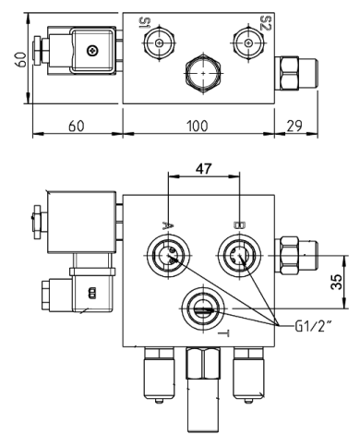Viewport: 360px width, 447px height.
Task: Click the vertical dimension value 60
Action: tap(10, 64)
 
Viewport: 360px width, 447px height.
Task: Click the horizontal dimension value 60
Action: tap(77, 127)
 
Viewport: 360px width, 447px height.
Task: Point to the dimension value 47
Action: tap(202, 168)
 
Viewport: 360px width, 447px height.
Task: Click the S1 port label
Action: tap(145, 25)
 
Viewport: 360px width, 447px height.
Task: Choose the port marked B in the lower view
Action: tap(236, 256)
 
